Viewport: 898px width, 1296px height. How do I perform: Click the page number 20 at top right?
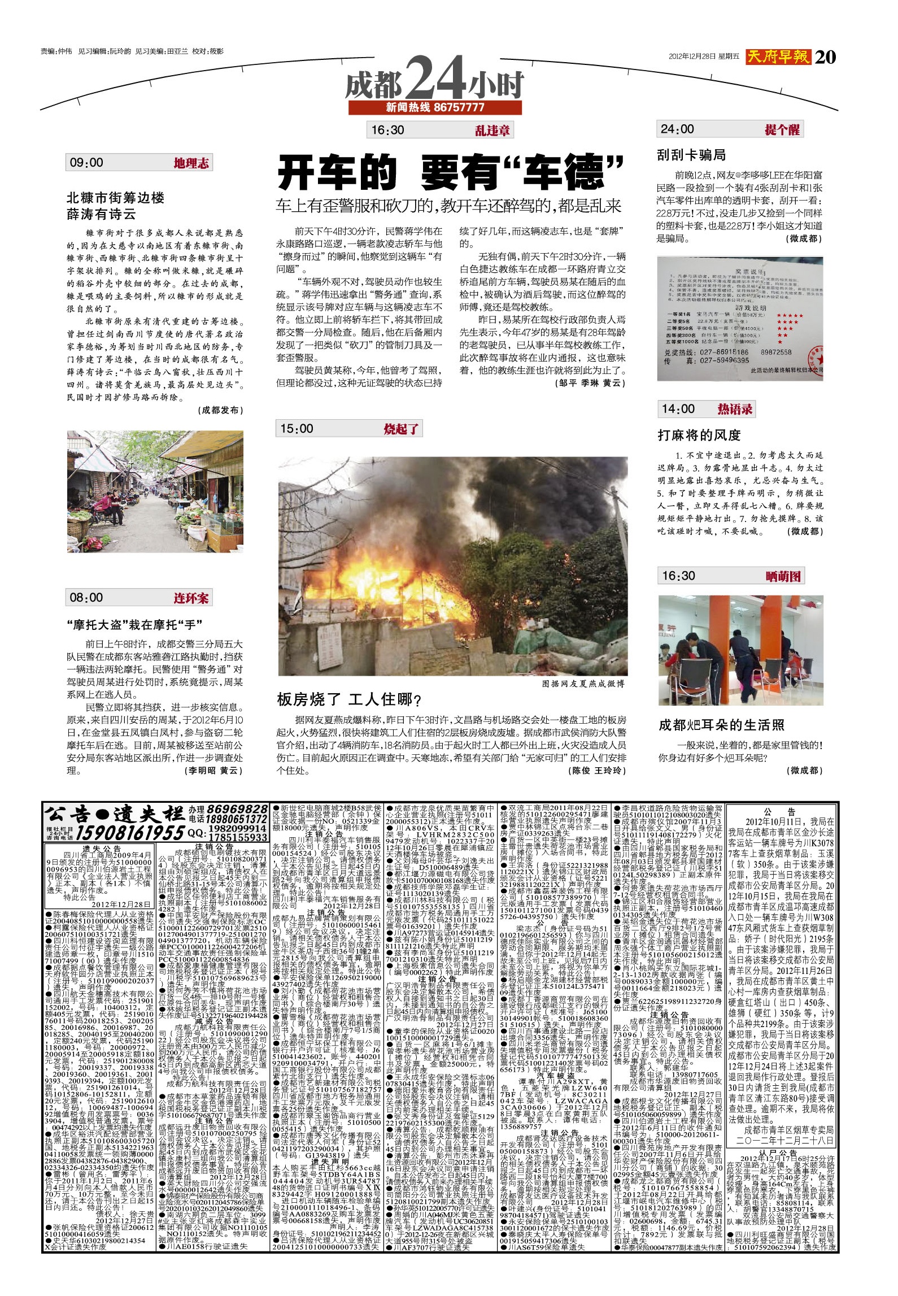pyautogui.click(x=825, y=56)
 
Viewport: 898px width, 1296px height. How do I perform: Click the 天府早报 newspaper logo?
pyautogui.click(x=778, y=56)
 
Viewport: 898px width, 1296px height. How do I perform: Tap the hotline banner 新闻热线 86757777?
pyautogui.click(x=435, y=107)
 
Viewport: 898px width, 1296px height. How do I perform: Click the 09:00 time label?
pyautogui.click(x=86, y=163)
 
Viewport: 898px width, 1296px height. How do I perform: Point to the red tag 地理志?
pyautogui.click(x=191, y=163)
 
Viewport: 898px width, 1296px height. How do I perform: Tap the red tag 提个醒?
pyautogui.click(x=782, y=130)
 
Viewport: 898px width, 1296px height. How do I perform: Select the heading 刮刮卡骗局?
pyautogui.click(x=691, y=155)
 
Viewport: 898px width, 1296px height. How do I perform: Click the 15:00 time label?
pyautogui.click(x=297, y=428)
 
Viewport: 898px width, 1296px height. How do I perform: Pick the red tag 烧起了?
pyautogui.click(x=401, y=429)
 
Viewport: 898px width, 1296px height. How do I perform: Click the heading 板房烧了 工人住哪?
pyautogui.click(x=349, y=700)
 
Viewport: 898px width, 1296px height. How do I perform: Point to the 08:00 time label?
pyautogui.click(x=86, y=597)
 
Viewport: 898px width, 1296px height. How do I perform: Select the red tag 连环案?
pyautogui.click(x=191, y=598)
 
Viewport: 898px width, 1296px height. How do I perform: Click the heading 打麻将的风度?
pyautogui.click(x=699, y=435)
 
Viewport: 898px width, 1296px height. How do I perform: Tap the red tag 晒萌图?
pyautogui.click(x=783, y=576)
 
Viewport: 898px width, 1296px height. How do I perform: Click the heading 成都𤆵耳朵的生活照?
pyautogui.click(x=721, y=725)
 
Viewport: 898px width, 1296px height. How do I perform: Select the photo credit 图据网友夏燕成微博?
pyautogui.click(x=583, y=684)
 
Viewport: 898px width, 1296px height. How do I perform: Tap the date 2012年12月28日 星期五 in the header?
pyautogui.click(x=703, y=56)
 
